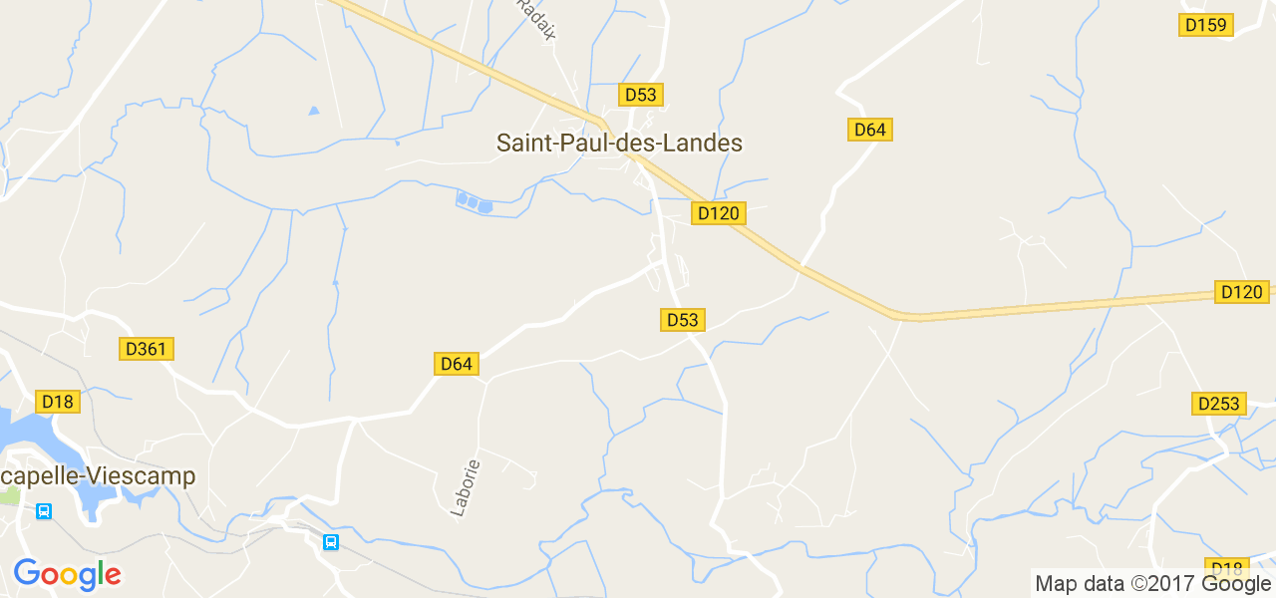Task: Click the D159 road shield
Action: coord(1206,25)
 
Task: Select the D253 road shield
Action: coord(1218,404)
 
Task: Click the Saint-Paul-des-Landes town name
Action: coord(619,143)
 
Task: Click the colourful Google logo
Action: coord(67,574)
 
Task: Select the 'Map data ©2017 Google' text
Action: coord(1152,584)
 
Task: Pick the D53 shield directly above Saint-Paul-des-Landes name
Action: coord(640,95)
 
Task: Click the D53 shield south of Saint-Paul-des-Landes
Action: coord(682,320)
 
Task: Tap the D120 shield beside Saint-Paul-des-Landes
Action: coord(718,213)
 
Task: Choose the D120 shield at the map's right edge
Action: coord(1241,292)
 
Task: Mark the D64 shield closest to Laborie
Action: coord(457,364)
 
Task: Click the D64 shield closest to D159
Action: coord(869,130)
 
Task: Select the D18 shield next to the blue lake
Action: coord(58,402)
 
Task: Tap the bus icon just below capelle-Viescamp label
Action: coord(44,511)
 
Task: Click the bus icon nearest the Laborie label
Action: coord(331,542)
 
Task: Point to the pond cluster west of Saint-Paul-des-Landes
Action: coord(474,202)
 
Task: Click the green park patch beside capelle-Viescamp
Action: coord(10,495)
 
